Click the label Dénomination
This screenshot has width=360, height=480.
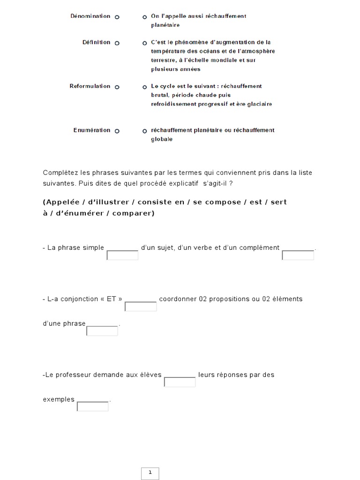coord(90,16)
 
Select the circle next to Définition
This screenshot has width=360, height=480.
coord(117,43)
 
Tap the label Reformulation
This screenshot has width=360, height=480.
coord(90,86)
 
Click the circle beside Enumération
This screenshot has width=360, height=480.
coord(117,131)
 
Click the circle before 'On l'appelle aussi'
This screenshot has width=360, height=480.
coord(145,17)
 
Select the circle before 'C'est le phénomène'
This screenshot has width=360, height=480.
coord(145,43)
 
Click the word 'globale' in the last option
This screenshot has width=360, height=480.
coord(162,139)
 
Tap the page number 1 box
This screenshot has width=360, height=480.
coord(150,473)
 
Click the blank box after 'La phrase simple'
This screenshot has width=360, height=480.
coord(122,255)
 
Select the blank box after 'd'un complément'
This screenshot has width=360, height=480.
coord(298,255)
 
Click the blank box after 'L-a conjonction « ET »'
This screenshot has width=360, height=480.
coord(141,307)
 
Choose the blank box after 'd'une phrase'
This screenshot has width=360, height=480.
coord(102,331)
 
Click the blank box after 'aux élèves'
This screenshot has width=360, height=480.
coord(180,382)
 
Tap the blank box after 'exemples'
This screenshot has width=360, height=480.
coord(92,407)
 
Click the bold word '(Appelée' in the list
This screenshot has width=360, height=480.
coord(59,202)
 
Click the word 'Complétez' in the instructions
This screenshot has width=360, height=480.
coord(58,173)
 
